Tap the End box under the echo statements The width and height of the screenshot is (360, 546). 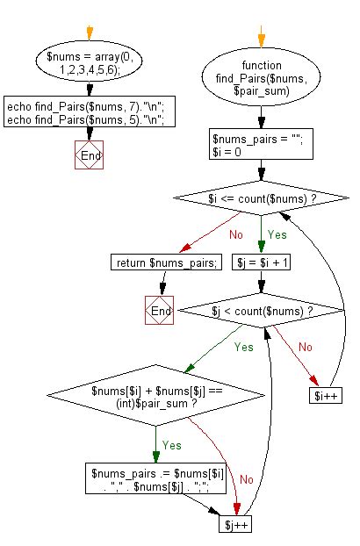click(90, 156)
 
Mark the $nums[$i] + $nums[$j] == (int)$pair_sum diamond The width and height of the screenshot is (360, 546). click(155, 397)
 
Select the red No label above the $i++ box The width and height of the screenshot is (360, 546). click(305, 347)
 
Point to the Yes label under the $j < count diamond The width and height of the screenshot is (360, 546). click(243, 347)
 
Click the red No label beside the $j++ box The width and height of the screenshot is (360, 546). click(246, 480)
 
